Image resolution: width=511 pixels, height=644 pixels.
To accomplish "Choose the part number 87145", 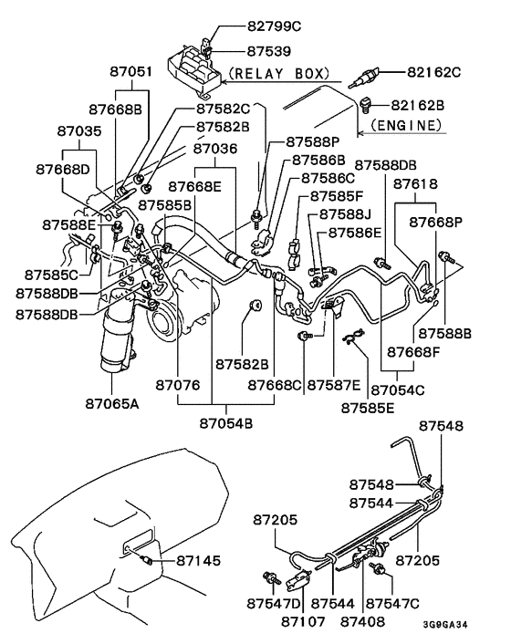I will [198, 558].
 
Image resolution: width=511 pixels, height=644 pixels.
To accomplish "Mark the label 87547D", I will [275, 604].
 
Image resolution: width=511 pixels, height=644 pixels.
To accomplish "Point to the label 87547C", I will [394, 604].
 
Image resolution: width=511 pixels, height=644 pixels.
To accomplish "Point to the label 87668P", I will [436, 222].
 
